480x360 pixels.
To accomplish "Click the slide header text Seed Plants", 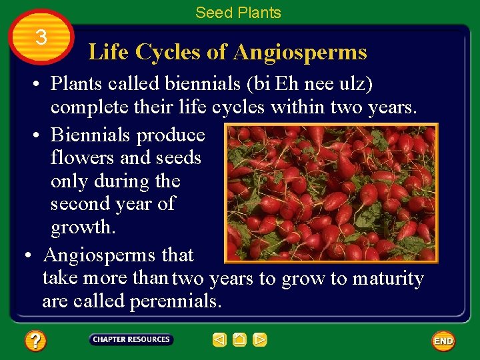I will (238, 12).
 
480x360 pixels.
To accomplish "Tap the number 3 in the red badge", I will (41, 38).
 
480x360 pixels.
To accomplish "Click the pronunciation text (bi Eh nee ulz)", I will (298, 85).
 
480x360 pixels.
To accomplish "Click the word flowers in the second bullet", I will (82, 158).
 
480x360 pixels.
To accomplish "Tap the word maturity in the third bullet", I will (387, 278).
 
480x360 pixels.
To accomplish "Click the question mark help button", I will (35, 341).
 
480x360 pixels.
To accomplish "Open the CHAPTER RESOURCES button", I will (131, 339).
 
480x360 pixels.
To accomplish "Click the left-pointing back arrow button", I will (219, 340).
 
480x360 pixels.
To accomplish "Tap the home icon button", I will (239, 340).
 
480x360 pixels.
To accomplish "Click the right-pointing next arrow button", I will (260, 340).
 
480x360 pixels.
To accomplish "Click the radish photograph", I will (331, 193).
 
